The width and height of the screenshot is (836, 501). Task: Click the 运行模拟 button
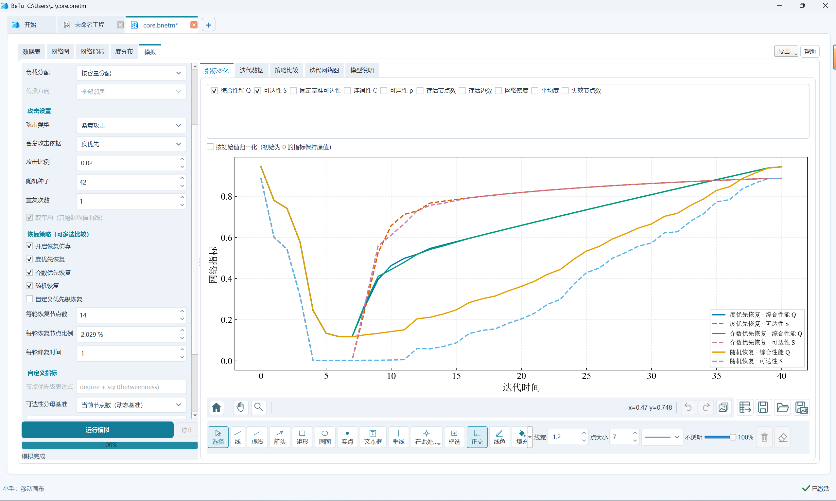click(97, 430)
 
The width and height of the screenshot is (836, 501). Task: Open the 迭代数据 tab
click(251, 70)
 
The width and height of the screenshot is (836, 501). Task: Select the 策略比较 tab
click(286, 70)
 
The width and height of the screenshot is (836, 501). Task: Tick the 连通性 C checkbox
click(347, 90)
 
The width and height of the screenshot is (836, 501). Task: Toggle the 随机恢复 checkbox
click(30, 286)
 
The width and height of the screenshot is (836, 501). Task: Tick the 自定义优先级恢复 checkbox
click(30, 299)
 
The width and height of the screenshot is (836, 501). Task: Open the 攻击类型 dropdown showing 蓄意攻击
click(131, 125)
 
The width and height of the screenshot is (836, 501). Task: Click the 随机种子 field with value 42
click(128, 182)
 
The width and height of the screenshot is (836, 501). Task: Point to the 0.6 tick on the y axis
click(226, 238)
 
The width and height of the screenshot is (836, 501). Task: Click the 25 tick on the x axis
click(586, 376)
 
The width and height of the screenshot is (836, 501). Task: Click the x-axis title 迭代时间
click(521, 387)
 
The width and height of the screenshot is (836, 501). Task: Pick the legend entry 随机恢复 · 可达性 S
click(756, 361)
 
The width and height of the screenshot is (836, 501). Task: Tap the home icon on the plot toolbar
click(217, 407)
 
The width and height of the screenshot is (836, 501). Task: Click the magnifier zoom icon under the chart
click(259, 407)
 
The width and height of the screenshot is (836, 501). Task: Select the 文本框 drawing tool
click(373, 437)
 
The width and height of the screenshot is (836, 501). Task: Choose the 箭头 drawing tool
click(279, 437)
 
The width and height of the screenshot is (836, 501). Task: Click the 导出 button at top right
click(786, 51)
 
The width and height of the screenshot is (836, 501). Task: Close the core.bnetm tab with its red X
click(194, 25)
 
